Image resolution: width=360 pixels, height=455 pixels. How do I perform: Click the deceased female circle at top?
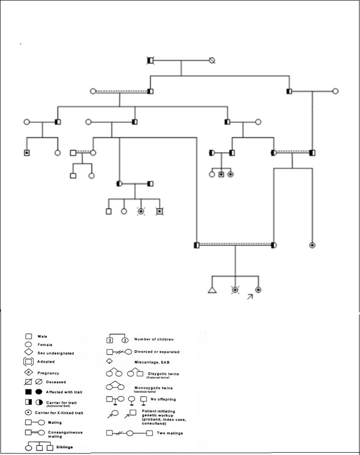click(x=212, y=60)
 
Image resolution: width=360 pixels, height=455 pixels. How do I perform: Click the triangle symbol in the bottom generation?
click(x=212, y=290)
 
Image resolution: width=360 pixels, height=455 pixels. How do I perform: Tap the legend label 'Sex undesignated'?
click(x=56, y=353)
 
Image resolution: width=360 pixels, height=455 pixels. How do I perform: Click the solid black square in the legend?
click(x=29, y=392)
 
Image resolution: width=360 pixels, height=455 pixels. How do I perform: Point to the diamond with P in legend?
click(x=29, y=373)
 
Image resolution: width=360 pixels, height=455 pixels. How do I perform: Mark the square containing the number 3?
click(x=109, y=340)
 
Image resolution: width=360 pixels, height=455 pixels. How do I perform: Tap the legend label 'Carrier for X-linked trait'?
click(x=59, y=413)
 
